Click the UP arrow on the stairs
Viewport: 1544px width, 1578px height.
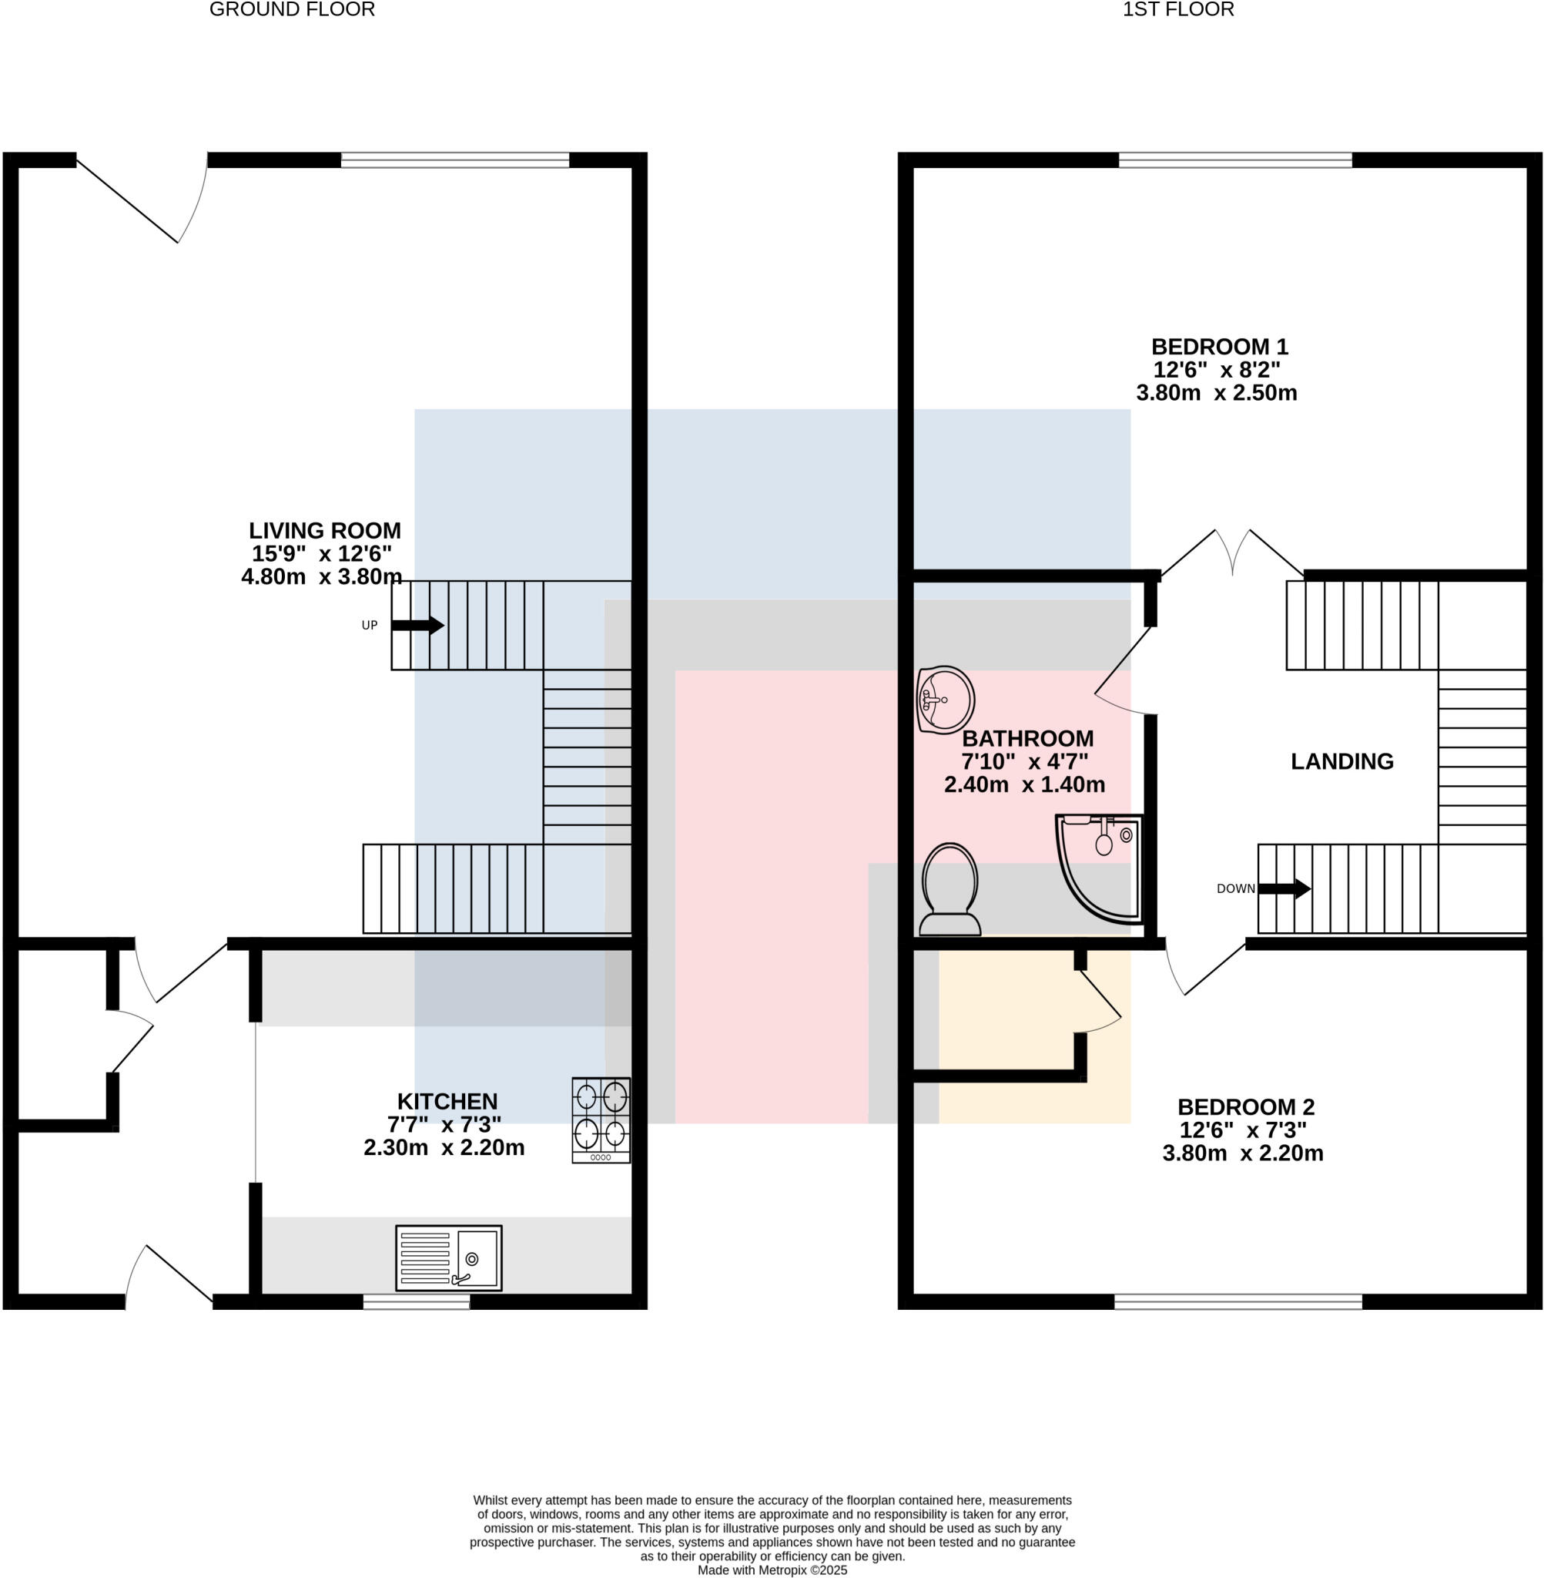click(x=417, y=625)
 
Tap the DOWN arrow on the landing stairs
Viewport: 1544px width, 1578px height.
click(x=1284, y=888)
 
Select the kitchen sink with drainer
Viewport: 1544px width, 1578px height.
click(x=448, y=1257)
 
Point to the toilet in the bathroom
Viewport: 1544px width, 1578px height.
click(x=950, y=890)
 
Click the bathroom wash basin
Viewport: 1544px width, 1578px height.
click(x=945, y=700)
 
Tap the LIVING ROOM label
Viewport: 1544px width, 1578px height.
click(x=324, y=531)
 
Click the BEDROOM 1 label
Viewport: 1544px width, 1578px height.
click(x=1220, y=347)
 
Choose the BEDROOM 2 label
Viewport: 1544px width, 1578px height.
click(x=1245, y=1106)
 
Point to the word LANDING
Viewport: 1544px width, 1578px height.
click(x=1342, y=761)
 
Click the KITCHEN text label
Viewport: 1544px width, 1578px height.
click(x=447, y=1101)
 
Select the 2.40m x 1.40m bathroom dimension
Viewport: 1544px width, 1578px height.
click(x=1024, y=784)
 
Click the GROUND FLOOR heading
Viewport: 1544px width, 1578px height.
click(x=292, y=10)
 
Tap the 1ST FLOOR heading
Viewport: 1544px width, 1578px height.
click(x=1177, y=10)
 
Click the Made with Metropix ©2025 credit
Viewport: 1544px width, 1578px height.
click(x=772, y=1570)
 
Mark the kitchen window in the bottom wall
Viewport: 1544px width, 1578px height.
click(x=416, y=1301)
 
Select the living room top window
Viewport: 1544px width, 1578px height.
click(x=455, y=159)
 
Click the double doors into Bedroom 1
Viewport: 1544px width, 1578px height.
click(x=1233, y=556)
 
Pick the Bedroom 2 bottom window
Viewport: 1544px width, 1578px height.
click(x=1238, y=1301)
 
